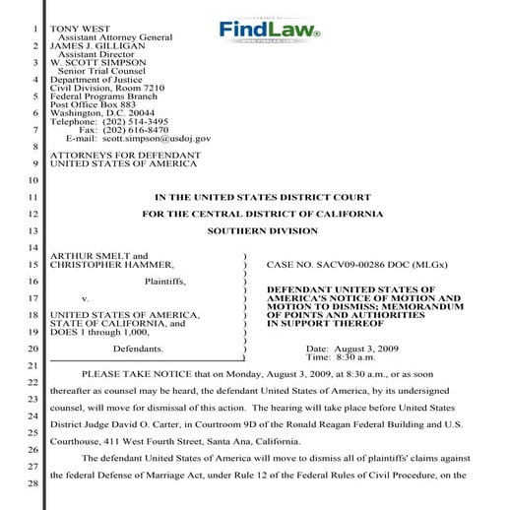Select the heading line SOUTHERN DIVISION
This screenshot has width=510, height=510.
click(x=263, y=231)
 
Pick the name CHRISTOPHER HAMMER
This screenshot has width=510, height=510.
click(x=112, y=265)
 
